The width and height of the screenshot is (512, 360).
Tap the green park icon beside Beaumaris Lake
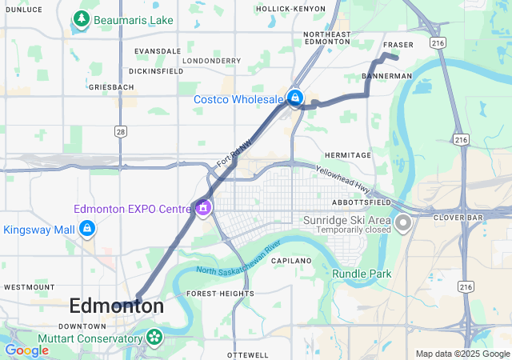click(x=81, y=18)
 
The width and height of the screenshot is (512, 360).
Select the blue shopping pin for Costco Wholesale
click(x=295, y=98)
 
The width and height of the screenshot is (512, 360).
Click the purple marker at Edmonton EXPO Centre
click(x=203, y=208)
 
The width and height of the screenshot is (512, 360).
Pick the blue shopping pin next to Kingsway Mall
click(x=87, y=230)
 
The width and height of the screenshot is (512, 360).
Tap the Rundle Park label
click(x=362, y=274)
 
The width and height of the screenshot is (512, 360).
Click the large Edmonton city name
click(x=117, y=306)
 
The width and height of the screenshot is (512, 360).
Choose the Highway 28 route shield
click(x=120, y=130)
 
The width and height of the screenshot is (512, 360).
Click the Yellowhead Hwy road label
click(x=343, y=181)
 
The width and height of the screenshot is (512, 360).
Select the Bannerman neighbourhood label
click(x=386, y=76)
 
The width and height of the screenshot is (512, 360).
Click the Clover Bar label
click(x=455, y=217)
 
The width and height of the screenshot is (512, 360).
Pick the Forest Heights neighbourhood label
click(x=221, y=294)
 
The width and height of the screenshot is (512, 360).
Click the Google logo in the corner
click(x=26, y=350)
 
